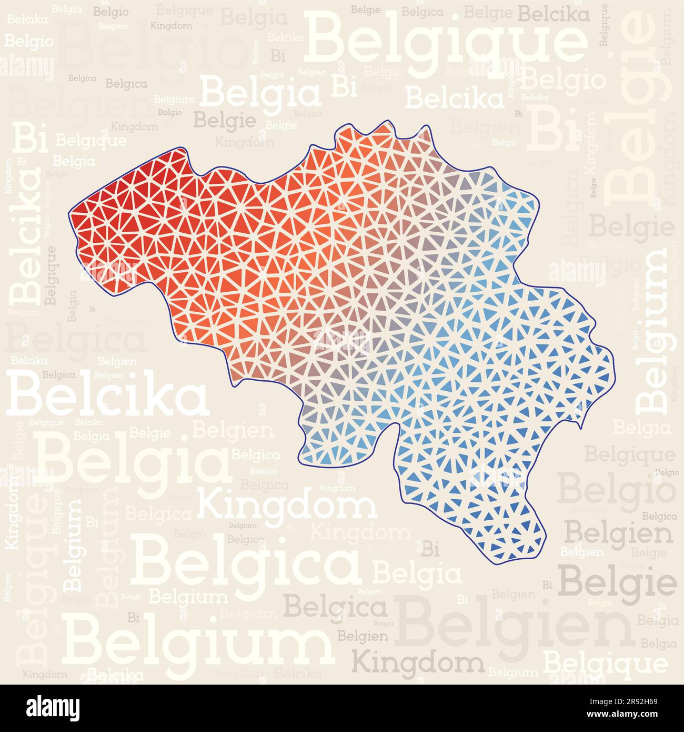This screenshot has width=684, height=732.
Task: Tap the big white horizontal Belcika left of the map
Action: pos(107,394)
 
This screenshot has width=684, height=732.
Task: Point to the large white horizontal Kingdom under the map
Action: pos(287,505)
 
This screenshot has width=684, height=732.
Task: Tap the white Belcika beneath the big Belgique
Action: pos(454,98)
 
